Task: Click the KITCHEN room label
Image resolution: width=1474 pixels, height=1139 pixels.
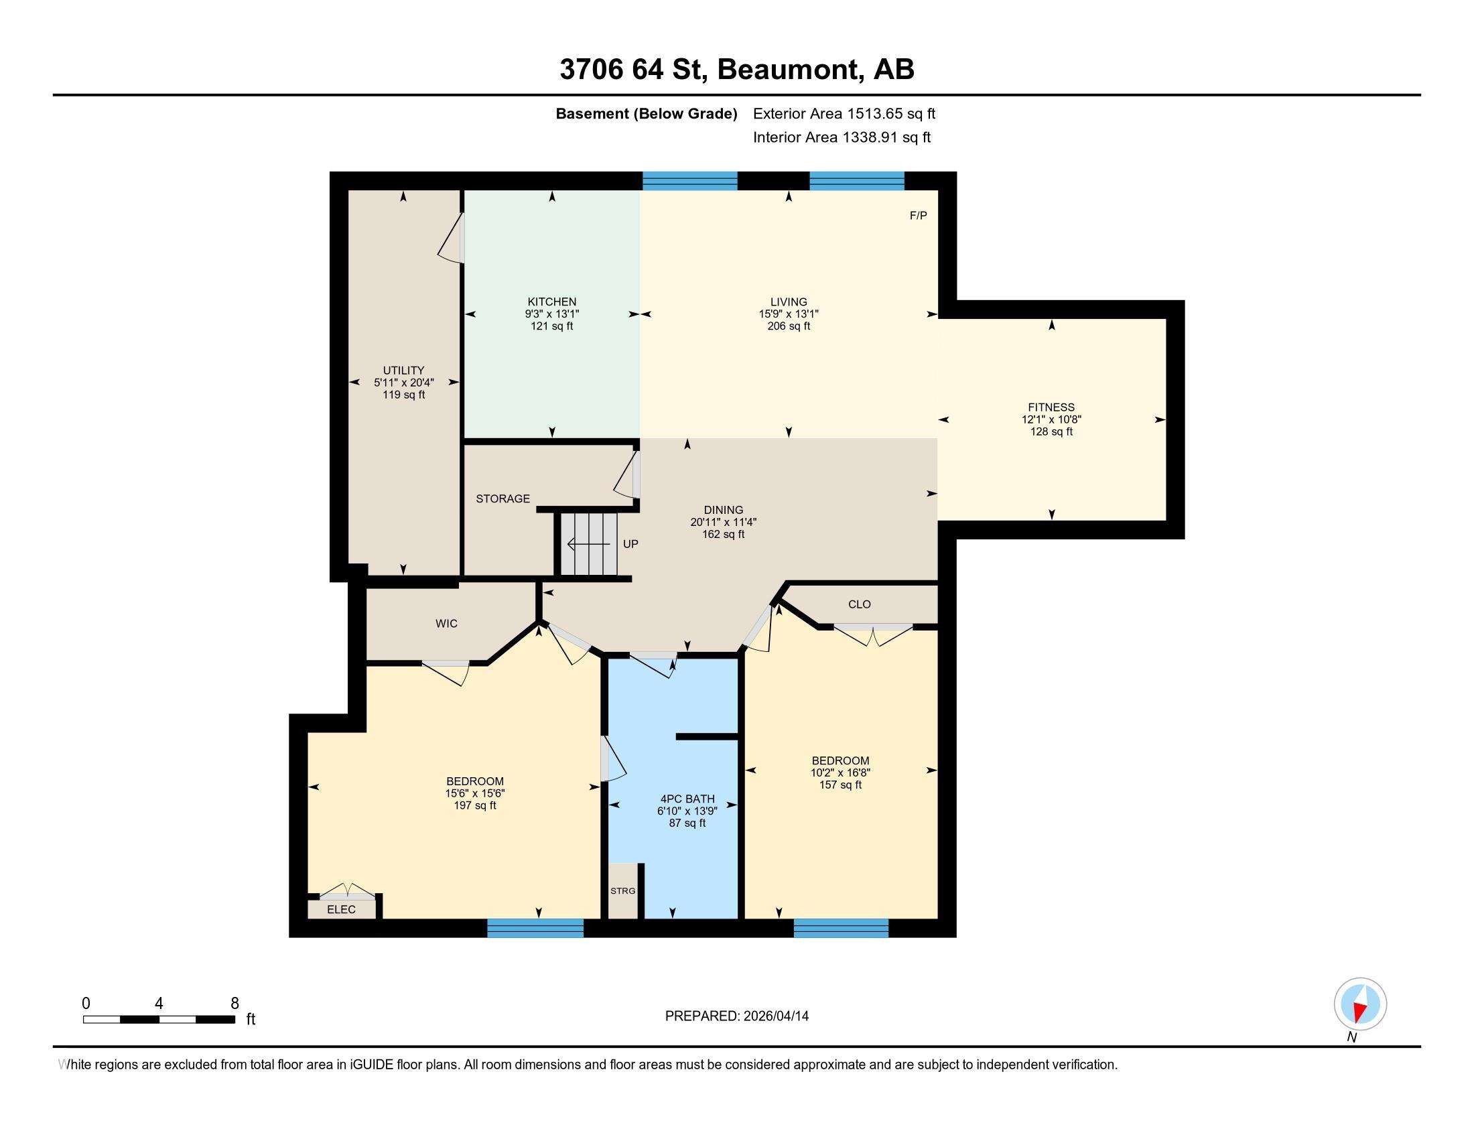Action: [x=552, y=301]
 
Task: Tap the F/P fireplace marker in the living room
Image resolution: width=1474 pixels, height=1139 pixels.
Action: [x=918, y=216]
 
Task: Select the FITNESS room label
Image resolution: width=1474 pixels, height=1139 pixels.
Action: [x=1051, y=407]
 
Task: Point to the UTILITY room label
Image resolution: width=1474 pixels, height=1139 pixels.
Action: [x=403, y=371]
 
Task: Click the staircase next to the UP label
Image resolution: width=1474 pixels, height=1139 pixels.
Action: [x=588, y=544]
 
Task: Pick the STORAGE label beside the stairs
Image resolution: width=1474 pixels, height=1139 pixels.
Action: [x=503, y=498]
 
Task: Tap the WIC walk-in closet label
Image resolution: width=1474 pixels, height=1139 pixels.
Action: [x=446, y=624]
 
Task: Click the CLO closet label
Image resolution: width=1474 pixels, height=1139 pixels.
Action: [x=859, y=604]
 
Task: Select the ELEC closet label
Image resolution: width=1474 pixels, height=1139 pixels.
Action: [x=341, y=910]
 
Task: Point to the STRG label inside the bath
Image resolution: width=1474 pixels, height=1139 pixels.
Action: [x=622, y=890]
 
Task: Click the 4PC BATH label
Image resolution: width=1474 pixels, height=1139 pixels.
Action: [x=687, y=799]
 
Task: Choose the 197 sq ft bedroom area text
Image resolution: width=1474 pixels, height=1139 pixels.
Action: [x=475, y=805]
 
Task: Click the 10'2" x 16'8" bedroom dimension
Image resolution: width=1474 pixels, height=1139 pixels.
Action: [x=840, y=773]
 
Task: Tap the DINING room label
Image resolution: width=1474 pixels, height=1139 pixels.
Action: [x=723, y=510]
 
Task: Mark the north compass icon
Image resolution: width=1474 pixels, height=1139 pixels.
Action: [x=1360, y=1004]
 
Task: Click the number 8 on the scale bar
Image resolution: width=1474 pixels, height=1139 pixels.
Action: [x=235, y=1004]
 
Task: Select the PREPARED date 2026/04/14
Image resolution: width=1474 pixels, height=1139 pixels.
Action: [x=774, y=1016]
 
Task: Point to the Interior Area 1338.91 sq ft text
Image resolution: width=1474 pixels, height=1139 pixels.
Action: [x=842, y=137]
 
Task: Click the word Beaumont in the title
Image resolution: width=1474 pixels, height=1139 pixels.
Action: [x=791, y=70]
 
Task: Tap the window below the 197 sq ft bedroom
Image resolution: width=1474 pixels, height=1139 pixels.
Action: [x=535, y=929]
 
